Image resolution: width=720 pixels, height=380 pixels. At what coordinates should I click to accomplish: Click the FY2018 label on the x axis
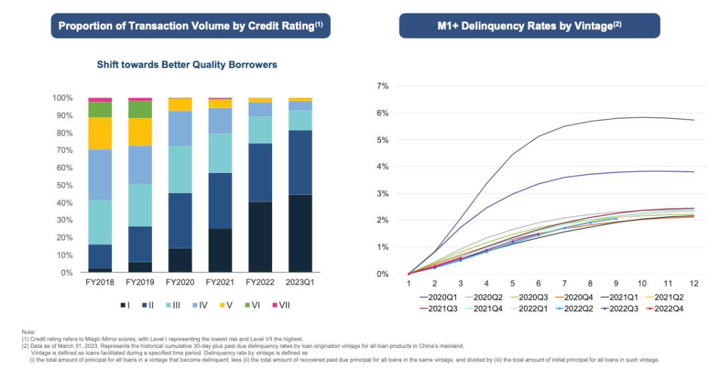[x=99, y=282]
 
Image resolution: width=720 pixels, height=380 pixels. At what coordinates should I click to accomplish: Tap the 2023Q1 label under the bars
[x=300, y=282]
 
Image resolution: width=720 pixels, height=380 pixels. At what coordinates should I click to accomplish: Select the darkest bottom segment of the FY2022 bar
[x=260, y=237]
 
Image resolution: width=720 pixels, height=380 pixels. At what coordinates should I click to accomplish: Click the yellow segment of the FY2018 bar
[x=100, y=133]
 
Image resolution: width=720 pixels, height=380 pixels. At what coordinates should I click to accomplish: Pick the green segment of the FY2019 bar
[x=140, y=110]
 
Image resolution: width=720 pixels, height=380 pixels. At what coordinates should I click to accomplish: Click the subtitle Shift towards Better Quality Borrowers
[x=187, y=65]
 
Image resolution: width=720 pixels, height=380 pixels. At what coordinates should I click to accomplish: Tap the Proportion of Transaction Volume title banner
[x=191, y=26]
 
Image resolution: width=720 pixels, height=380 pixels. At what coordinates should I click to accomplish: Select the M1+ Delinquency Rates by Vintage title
[x=529, y=26]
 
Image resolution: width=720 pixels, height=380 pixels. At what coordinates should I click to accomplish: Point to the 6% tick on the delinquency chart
[x=383, y=113]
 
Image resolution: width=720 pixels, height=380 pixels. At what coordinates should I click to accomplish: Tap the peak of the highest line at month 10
[x=643, y=118]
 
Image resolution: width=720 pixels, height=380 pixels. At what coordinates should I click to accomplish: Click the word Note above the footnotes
[x=27, y=332]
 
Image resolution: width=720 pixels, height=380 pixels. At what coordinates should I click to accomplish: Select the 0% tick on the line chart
[x=383, y=274]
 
